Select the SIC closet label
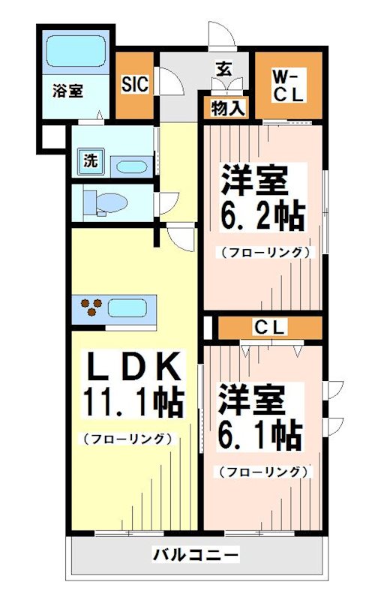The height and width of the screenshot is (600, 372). [135, 83]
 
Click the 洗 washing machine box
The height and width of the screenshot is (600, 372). [90, 160]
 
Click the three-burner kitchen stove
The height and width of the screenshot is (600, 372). [92, 307]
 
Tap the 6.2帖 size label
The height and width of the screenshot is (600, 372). [262, 216]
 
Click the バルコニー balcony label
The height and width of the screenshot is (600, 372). [196, 556]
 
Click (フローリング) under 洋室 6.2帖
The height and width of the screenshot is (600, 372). [264, 252]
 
